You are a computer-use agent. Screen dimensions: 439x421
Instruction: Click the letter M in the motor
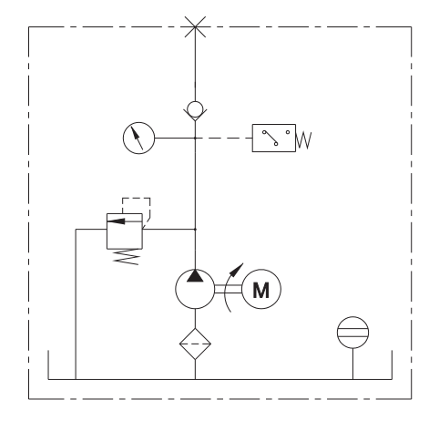pos(261,290)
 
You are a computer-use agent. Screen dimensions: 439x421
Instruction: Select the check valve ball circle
pos(195,109)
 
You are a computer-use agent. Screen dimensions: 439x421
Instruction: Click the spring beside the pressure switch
pos(304,140)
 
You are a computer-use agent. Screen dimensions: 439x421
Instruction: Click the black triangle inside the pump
pos(195,275)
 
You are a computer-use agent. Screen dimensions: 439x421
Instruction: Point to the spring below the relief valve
pos(127,257)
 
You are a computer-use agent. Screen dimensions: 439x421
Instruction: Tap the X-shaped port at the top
pos(195,27)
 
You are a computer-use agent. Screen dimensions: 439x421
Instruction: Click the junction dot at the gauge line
pos(195,139)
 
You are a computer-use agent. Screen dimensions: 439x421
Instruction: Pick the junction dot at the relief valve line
pos(195,230)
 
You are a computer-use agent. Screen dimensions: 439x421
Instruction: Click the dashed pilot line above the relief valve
pos(137,198)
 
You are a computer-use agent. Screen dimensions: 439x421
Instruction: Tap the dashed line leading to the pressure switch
pos(224,139)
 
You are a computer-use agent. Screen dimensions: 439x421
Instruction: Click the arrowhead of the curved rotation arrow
pos(237,270)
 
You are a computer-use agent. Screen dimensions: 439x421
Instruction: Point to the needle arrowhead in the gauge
pos(134,132)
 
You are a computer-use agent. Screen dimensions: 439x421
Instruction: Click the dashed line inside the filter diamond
pos(195,344)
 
